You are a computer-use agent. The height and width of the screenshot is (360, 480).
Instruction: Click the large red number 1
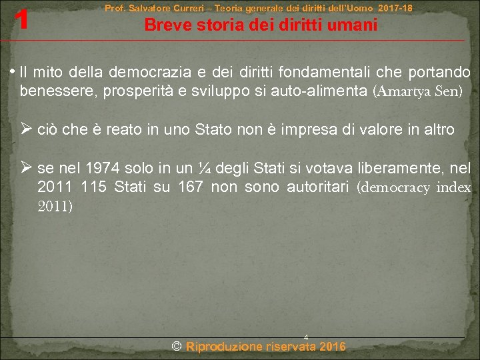click(x=22, y=20)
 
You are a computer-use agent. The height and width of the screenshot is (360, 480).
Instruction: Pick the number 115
click(x=91, y=188)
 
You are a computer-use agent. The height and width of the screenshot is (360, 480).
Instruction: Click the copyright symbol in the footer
click(x=177, y=346)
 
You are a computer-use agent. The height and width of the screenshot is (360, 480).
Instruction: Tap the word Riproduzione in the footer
click(x=224, y=346)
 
